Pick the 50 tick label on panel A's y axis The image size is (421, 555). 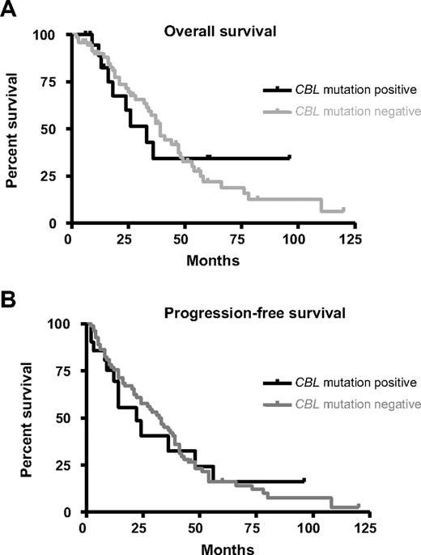pos(53,129)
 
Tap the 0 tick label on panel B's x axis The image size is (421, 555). pos(83,528)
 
